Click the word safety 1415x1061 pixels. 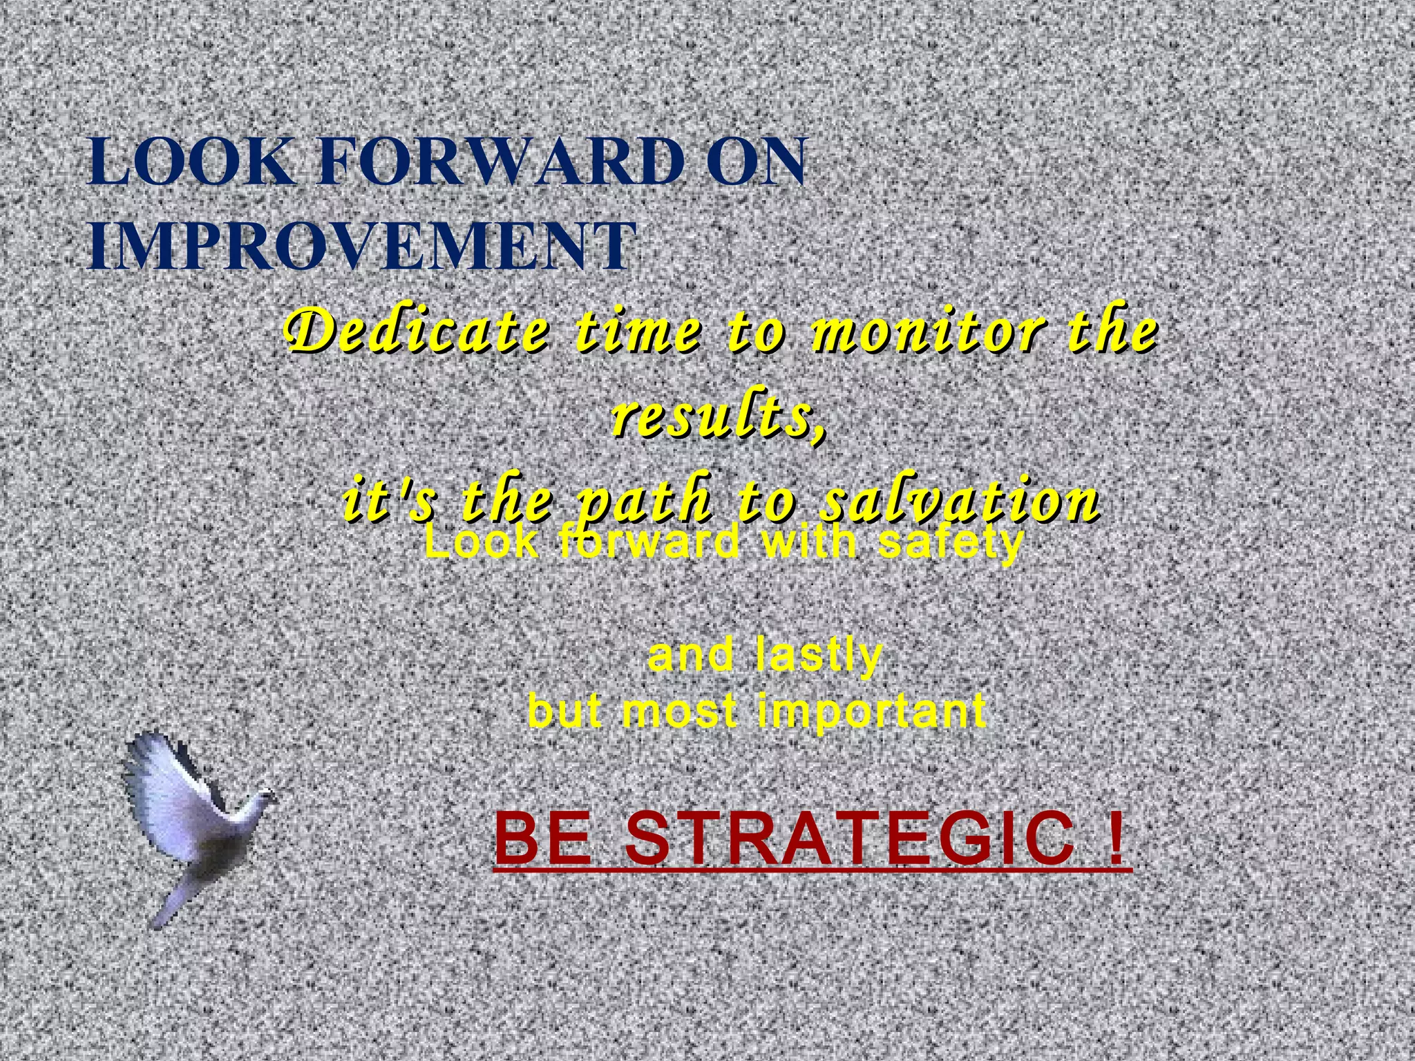coord(949,543)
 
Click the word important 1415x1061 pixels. coord(871,711)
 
